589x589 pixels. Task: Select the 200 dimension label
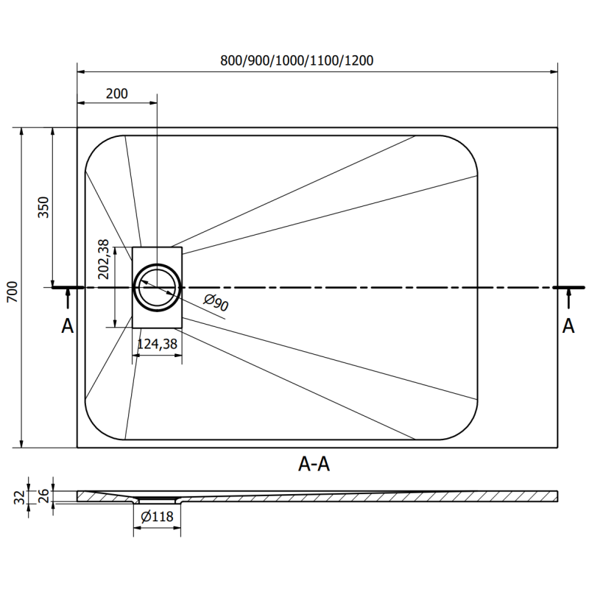click(x=116, y=94)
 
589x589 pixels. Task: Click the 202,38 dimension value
click(x=104, y=259)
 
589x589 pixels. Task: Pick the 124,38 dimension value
click(x=156, y=343)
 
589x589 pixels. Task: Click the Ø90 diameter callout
click(x=215, y=303)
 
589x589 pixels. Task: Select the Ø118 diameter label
click(x=156, y=517)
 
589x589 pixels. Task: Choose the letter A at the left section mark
click(x=68, y=326)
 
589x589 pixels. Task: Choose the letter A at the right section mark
click(x=568, y=326)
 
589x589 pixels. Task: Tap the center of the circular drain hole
click(x=157, y=286)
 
